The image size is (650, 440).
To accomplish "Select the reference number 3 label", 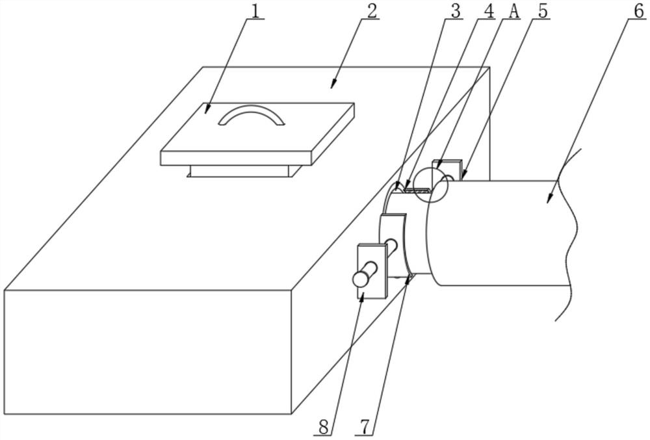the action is point(456,11).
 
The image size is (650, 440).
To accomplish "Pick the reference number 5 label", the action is point(543,11).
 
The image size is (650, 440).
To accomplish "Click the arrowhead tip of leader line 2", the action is point(331,87).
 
